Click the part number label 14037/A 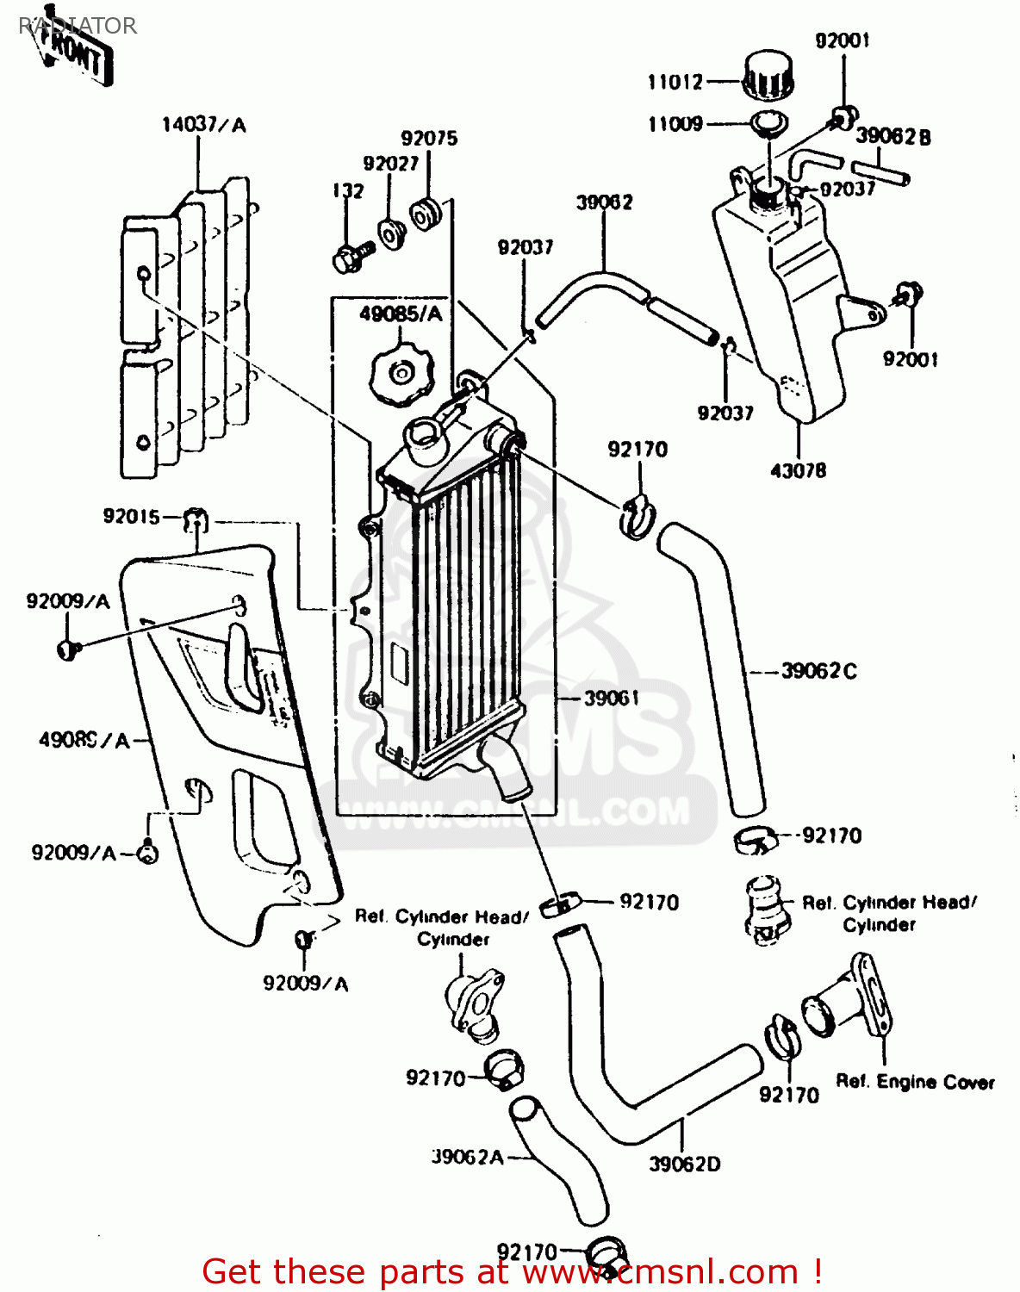click(x=203, y=125)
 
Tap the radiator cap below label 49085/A click(x=399, y=373)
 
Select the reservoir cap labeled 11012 click(x=767, y=76)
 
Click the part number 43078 click(x=798, y=470)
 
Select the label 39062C click(x=818, y=671)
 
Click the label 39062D click(x=684, y=1164)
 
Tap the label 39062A click(x=467, y=1157)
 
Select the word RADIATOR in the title click(x=78, y=26)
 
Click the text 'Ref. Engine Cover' click(x=915, y=1082)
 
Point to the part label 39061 click(x=611, y=698)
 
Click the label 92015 click(x=131, y=516)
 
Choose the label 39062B click(x=892, y=136)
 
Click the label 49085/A click(x=401, y=314)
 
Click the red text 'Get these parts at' click(x=358, y=1271)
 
